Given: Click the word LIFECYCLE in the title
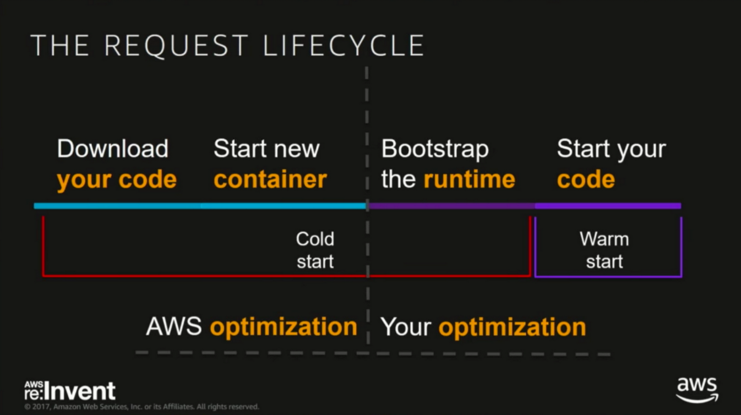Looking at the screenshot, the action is coord(344,45).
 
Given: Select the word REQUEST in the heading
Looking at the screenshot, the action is coord(176,46).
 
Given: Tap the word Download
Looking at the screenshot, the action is coord(112,149).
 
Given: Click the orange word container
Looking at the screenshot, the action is coord(270,179).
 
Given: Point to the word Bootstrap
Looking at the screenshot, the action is coord(435,149).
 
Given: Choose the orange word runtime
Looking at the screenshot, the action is coord(470,179).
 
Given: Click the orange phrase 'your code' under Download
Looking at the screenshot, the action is coord(117,181).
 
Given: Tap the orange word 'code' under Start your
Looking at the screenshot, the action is coord(586,179).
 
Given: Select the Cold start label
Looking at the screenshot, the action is coord(315,250).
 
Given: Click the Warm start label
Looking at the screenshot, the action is coord(604,250).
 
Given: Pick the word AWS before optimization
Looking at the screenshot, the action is coord(173,326).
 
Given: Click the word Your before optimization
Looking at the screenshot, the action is coord(406,327).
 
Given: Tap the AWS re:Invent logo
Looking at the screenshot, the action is coord(70,391).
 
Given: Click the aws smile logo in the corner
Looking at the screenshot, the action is coord(697,390).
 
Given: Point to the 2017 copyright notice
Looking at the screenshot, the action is coord(141,406).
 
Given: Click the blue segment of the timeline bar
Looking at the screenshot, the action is coord(200,206).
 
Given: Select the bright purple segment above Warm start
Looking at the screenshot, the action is coord(608,206).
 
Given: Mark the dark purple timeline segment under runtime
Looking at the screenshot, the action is coord(451,206).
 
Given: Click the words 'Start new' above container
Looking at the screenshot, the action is coord(266,149).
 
